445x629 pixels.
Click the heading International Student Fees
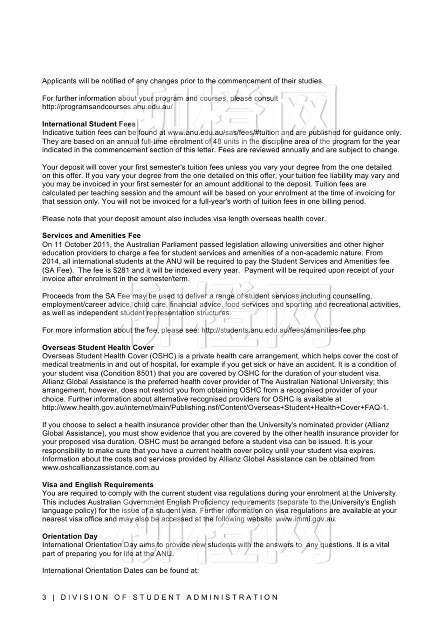pos(89,124)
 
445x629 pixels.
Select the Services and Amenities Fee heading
pos(91,235)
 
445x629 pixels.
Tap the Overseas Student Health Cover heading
pos(98,347)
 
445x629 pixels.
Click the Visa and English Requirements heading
pos(98,485)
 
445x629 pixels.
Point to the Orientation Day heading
pos(70,536)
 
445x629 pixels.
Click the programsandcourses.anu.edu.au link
pos(107,107)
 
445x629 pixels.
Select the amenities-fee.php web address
pos(283,330)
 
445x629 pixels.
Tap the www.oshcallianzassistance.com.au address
pos(100,468)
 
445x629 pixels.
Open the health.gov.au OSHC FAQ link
pos(215,407)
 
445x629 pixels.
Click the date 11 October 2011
pos(79,245)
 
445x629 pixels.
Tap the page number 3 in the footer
pos(44,597)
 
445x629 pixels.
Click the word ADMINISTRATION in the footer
pos(232,597)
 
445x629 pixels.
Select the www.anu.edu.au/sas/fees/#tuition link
pos(223,132)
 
